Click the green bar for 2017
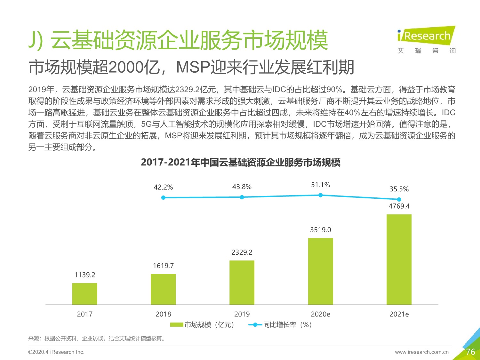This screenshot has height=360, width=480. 85,294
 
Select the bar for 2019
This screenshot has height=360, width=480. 242,282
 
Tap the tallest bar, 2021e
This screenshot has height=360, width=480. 399,259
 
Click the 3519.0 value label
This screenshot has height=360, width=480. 320,230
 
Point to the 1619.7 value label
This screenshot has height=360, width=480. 163,266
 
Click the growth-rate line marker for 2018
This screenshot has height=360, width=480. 163,198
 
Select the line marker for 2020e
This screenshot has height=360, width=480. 320,195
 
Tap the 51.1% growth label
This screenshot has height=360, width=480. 320,185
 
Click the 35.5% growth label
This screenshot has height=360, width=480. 399,189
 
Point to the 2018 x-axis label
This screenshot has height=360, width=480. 163,314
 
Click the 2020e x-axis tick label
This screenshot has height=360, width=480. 320,314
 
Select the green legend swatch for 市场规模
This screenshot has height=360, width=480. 176,325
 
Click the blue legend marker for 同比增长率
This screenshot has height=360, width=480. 255,325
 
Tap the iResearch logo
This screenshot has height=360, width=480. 426,36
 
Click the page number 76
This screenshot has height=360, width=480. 470,352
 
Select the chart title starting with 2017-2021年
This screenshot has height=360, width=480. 240,162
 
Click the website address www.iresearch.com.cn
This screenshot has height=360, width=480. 422,352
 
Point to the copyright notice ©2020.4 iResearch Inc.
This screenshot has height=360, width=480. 56,352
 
